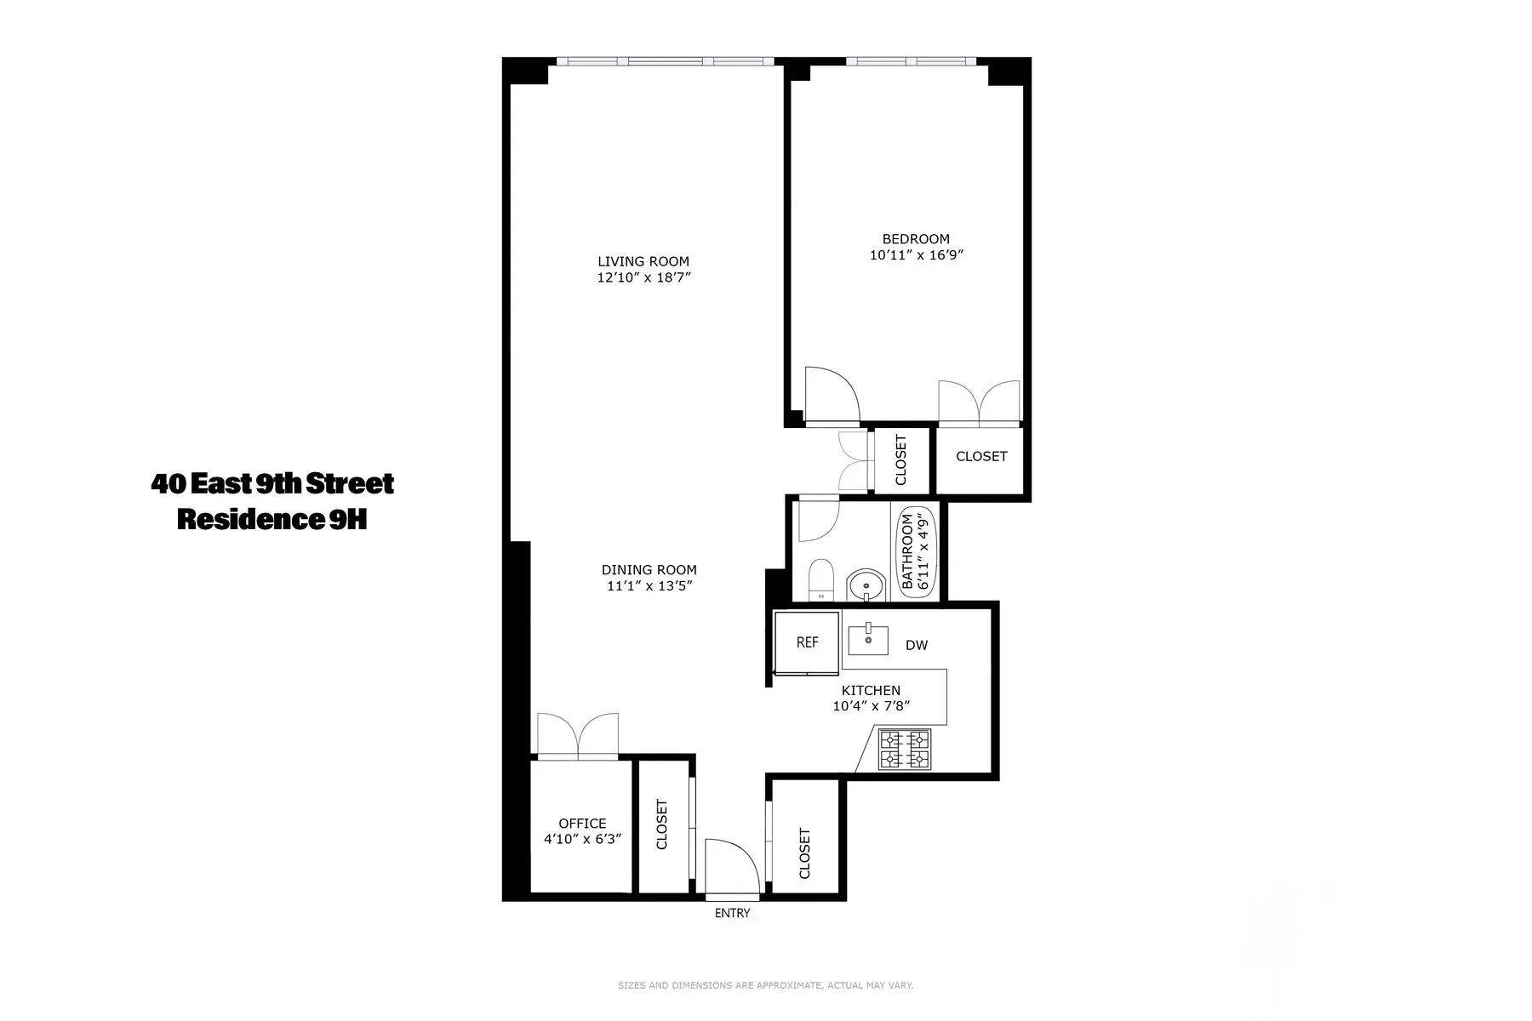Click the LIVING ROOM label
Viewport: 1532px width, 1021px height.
coord(643,261)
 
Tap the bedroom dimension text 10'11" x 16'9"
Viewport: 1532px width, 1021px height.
coord(916,254)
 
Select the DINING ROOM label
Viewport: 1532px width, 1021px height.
coord(649,570)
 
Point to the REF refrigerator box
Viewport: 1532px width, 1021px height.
coord(807,643)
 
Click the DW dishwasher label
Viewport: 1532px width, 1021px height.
coord(917,646)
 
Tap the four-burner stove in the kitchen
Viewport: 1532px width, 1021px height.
coord(905,750)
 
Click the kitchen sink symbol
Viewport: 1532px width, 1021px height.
coord(868,639)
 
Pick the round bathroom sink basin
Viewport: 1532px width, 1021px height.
coord(866,586)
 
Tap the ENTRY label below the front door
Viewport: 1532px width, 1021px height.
coord(732,913)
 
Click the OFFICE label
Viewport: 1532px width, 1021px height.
coord(582,824)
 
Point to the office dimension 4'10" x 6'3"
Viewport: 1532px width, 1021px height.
coord(582,839)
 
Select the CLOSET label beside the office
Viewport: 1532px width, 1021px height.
coord(662,824)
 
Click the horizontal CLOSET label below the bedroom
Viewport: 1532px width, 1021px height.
coord(980,456)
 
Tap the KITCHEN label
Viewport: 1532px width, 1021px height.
coord(871,691)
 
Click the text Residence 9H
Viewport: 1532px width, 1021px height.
coord(272,519)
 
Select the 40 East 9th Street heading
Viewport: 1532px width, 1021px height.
coord(272,484)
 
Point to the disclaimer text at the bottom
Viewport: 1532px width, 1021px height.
coord(765,985)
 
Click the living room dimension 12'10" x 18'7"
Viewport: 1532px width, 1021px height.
coord(643,277)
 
